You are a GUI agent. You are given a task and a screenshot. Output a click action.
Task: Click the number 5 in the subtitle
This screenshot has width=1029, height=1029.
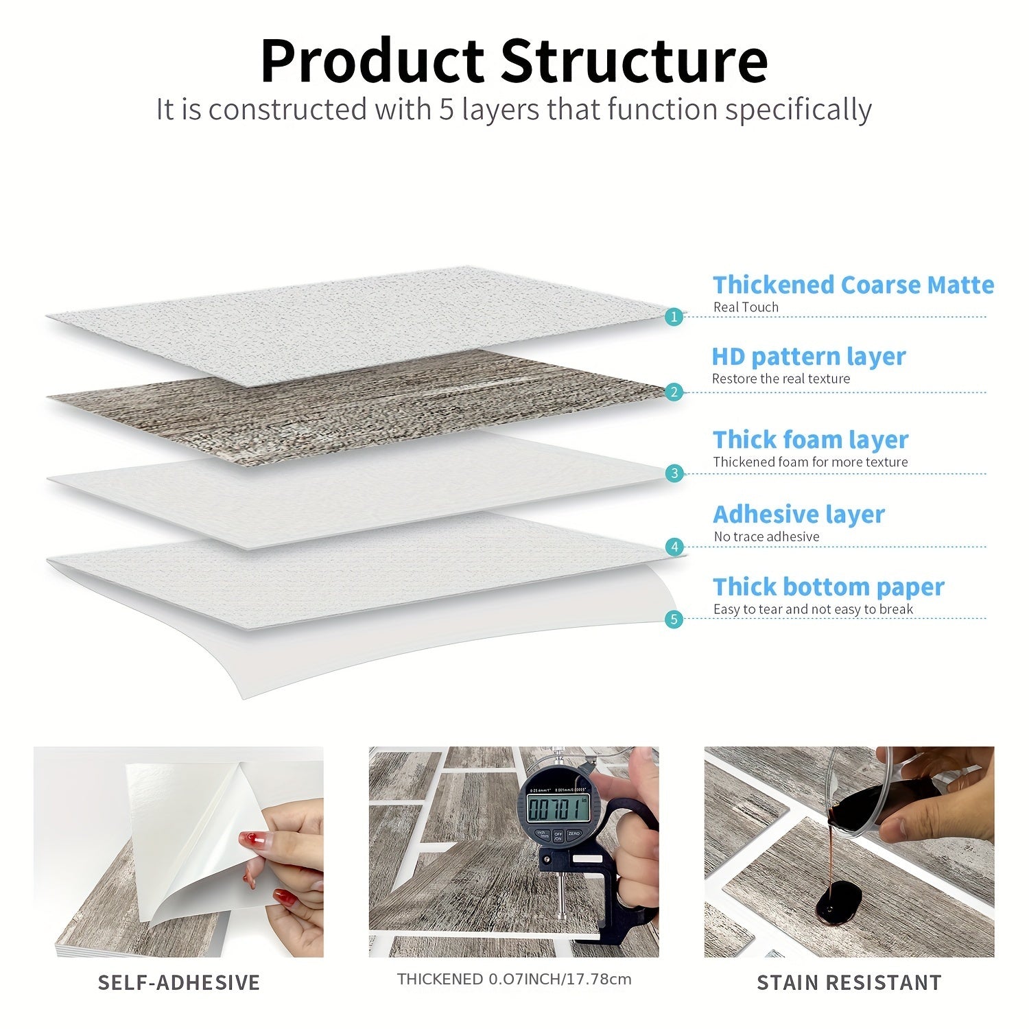coord(447,110)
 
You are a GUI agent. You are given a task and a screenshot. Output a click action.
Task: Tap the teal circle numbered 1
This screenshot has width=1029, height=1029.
coord(674,316)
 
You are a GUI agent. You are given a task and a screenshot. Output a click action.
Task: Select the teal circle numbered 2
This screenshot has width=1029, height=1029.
coord(674,392)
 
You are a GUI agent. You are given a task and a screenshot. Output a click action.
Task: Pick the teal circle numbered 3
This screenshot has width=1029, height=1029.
coord(674,473)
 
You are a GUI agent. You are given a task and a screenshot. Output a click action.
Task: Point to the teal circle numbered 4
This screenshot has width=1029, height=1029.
coord(675,547)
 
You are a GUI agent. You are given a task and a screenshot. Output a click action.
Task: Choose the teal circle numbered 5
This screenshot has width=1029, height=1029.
coord(674,619)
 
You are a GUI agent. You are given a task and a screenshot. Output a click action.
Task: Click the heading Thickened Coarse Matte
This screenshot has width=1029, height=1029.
coord(853,285)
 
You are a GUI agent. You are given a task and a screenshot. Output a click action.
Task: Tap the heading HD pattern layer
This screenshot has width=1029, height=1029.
coord(809,357)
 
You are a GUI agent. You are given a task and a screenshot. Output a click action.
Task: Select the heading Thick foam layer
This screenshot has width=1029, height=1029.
coord(810,440)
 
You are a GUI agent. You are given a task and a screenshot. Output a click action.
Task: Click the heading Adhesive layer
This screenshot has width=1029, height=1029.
coord(799,514)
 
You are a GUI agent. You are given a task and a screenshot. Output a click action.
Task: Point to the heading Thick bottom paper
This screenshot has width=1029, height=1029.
coord(829,587)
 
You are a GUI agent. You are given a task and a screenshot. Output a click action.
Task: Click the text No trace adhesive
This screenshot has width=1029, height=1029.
coord(766,536)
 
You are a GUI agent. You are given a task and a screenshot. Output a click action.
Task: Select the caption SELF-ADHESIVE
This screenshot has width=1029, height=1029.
coord(179,982)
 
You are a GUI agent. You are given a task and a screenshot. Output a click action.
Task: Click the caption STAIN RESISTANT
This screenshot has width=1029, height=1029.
coord(849,982)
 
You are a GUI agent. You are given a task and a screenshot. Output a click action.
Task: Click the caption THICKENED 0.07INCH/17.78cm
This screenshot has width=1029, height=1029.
coord(514,979)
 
